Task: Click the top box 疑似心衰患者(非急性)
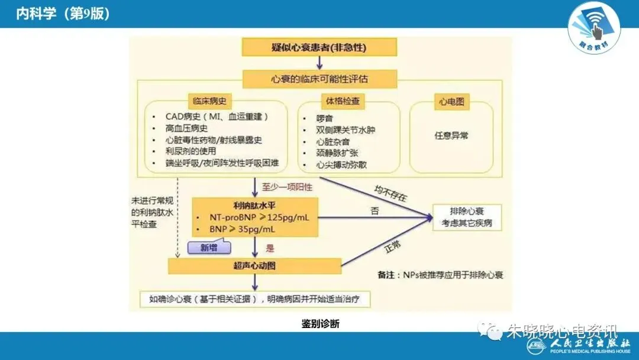click(319, 47)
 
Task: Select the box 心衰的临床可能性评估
click(319, 78)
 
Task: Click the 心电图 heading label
click(451, 101)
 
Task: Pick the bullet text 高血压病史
click(186, 128)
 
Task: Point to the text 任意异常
click(451, 136)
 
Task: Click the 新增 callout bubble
click(209, 247)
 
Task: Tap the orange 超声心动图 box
click(254, 266)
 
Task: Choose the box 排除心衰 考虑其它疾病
click(467, 218)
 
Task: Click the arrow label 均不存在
click(390, 193)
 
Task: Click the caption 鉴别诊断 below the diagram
click(320, 323)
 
